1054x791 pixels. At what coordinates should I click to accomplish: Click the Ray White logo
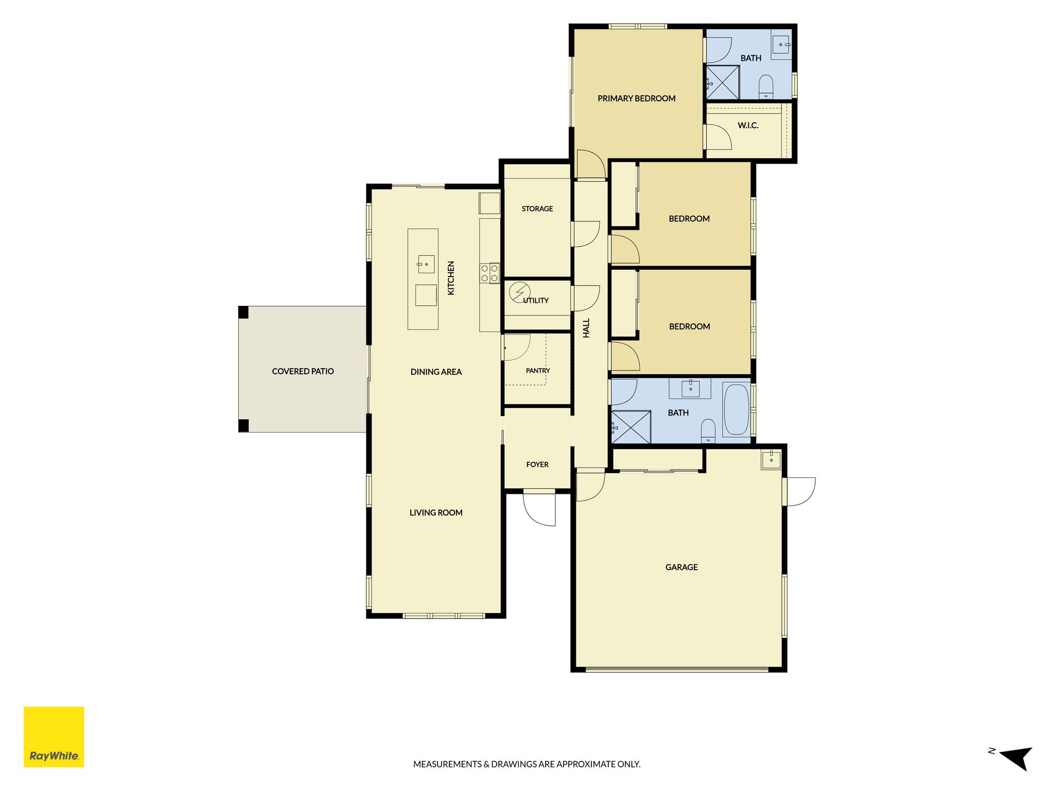(x=54, y=736)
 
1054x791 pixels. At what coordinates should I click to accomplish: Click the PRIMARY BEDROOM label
(x=637, y=98)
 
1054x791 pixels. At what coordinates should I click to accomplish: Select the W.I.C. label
(x=748, y=125)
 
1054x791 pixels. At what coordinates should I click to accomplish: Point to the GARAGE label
(x=681, y=567)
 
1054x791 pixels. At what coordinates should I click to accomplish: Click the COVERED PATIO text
(x=303, y=371)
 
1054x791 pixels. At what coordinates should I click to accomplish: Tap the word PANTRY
(x=538, y=370)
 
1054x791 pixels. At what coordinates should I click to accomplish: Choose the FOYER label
(x=537, y=465)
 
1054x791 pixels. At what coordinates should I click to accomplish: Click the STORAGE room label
(x=537, y=209)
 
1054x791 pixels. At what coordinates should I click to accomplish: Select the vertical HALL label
(x=586, y=328)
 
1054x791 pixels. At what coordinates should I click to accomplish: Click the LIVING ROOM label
(x=436, y=512)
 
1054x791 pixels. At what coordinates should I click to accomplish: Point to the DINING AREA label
(x=436, y=372)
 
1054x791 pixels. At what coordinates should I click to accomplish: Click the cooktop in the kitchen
(x=489, y=273)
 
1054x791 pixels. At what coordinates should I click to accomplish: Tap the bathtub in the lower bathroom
(x=736, y=409)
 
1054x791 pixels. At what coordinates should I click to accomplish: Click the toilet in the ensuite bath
(x=766, y=87)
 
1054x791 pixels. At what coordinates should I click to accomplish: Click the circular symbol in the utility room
(x=519, y=292)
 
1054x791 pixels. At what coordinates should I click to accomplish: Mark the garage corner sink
(x=771, y=459)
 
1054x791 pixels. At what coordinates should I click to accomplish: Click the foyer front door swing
(x=540, y=509)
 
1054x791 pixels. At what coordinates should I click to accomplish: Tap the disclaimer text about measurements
(x=527, y=764)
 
